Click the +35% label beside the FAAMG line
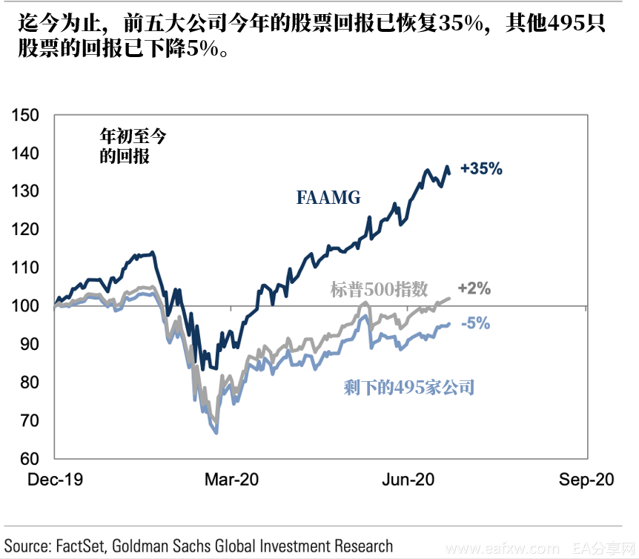pyautogui.click(x=481, y=169)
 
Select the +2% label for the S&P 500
pyautogui.click(x=474, y=288)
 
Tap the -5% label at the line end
pyautogui.click(x=475, y=323)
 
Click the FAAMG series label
pyautogui.click(x=328, y=197)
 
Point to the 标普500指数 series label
pyautogui.click(x=390, y=289)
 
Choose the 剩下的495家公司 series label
pyautogui.click(x=408, y=386)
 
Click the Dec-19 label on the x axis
pyautogui.click(x=56, y=480)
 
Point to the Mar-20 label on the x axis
pyautogui.click(x=232, y=480)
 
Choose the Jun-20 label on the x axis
pyautogui.click(x=408, y=480)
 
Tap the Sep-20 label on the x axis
pyautogui.click(x=586, y=480)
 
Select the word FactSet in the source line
pyautogui.click(x=80, y=546)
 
